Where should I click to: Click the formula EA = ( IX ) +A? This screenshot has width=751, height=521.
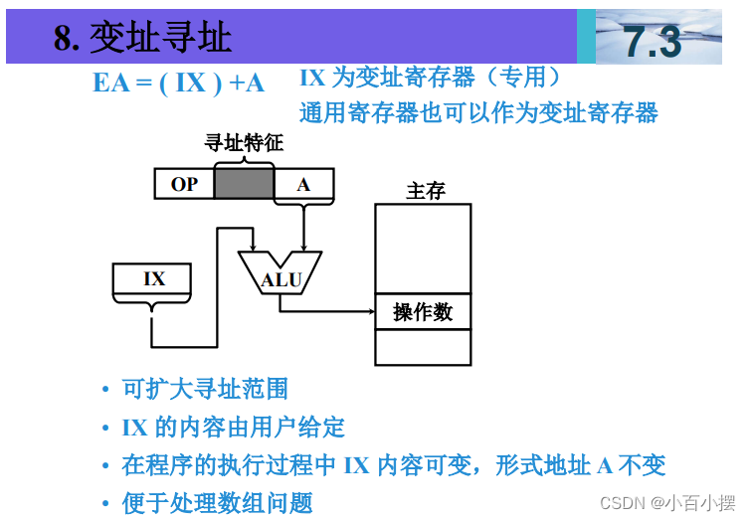pyautogui.click(x=179, y=83)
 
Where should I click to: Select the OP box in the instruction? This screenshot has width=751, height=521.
pyautogui.click(x=185, y=184)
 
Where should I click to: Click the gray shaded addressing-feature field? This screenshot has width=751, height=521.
pyautogui.click(x=244, y=184)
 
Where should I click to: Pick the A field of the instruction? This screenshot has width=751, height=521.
pyautogui.click(x=304, y=184)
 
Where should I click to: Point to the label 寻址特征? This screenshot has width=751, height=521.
pyautogui.click(x=244, y=143)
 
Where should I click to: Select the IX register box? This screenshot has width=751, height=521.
pyautogui.click(x=154, y=279)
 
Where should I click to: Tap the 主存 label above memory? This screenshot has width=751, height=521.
pyautogui.click(x=426, y=191)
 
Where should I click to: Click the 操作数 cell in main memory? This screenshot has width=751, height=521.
pyautogui.click(x=423, y=312)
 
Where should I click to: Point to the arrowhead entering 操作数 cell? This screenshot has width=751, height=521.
pyautogui.click(x=369, y=311)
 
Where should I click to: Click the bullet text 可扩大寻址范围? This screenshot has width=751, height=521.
pyautogui.click(x=205, y=389)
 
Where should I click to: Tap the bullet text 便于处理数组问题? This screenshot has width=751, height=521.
pyautogui.click(x=217, y=503)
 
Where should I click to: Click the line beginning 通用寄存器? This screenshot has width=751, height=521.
pyautogui.click(x=478, y=112)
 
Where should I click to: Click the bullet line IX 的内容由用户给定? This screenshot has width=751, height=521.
pyautogui.click(x=234, y=428)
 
